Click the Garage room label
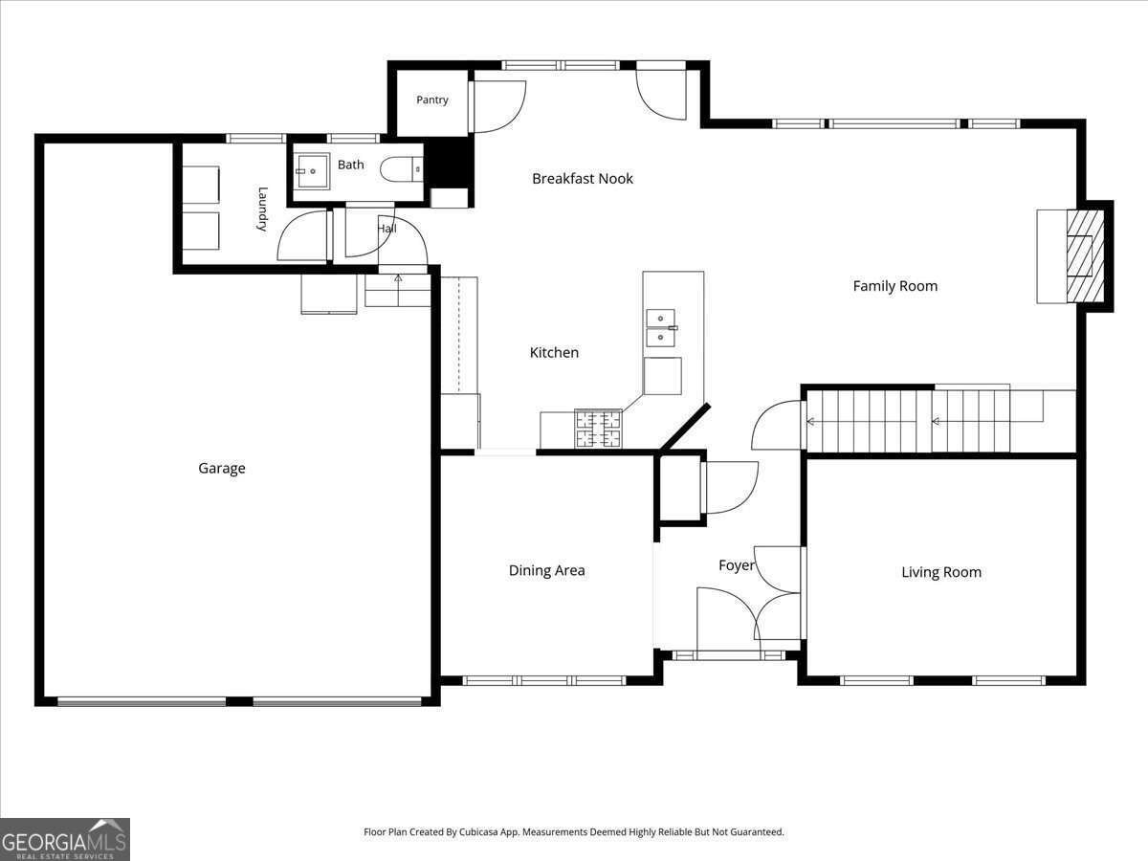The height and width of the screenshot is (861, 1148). (222, 468)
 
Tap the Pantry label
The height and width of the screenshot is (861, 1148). (432, 99)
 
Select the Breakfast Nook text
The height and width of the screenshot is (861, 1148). (582, 179)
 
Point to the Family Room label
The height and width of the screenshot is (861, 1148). (894, 286)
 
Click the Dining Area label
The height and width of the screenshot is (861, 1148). (546, 570)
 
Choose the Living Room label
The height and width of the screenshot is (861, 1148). (941, 572)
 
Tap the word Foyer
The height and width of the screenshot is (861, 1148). (737, 565)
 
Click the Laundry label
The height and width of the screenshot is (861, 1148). (262, 210)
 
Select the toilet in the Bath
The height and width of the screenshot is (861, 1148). (401, 169)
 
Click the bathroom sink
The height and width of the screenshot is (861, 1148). (313, 171)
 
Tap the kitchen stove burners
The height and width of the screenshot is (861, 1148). (599, 429)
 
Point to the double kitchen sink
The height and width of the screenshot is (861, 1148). (661, 328)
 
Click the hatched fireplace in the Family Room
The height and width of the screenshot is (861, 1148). (1085, 256)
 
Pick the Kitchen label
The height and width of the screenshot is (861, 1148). (554, 352)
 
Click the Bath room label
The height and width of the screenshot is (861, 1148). (350, 165)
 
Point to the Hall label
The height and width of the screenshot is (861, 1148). (387, 229)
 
